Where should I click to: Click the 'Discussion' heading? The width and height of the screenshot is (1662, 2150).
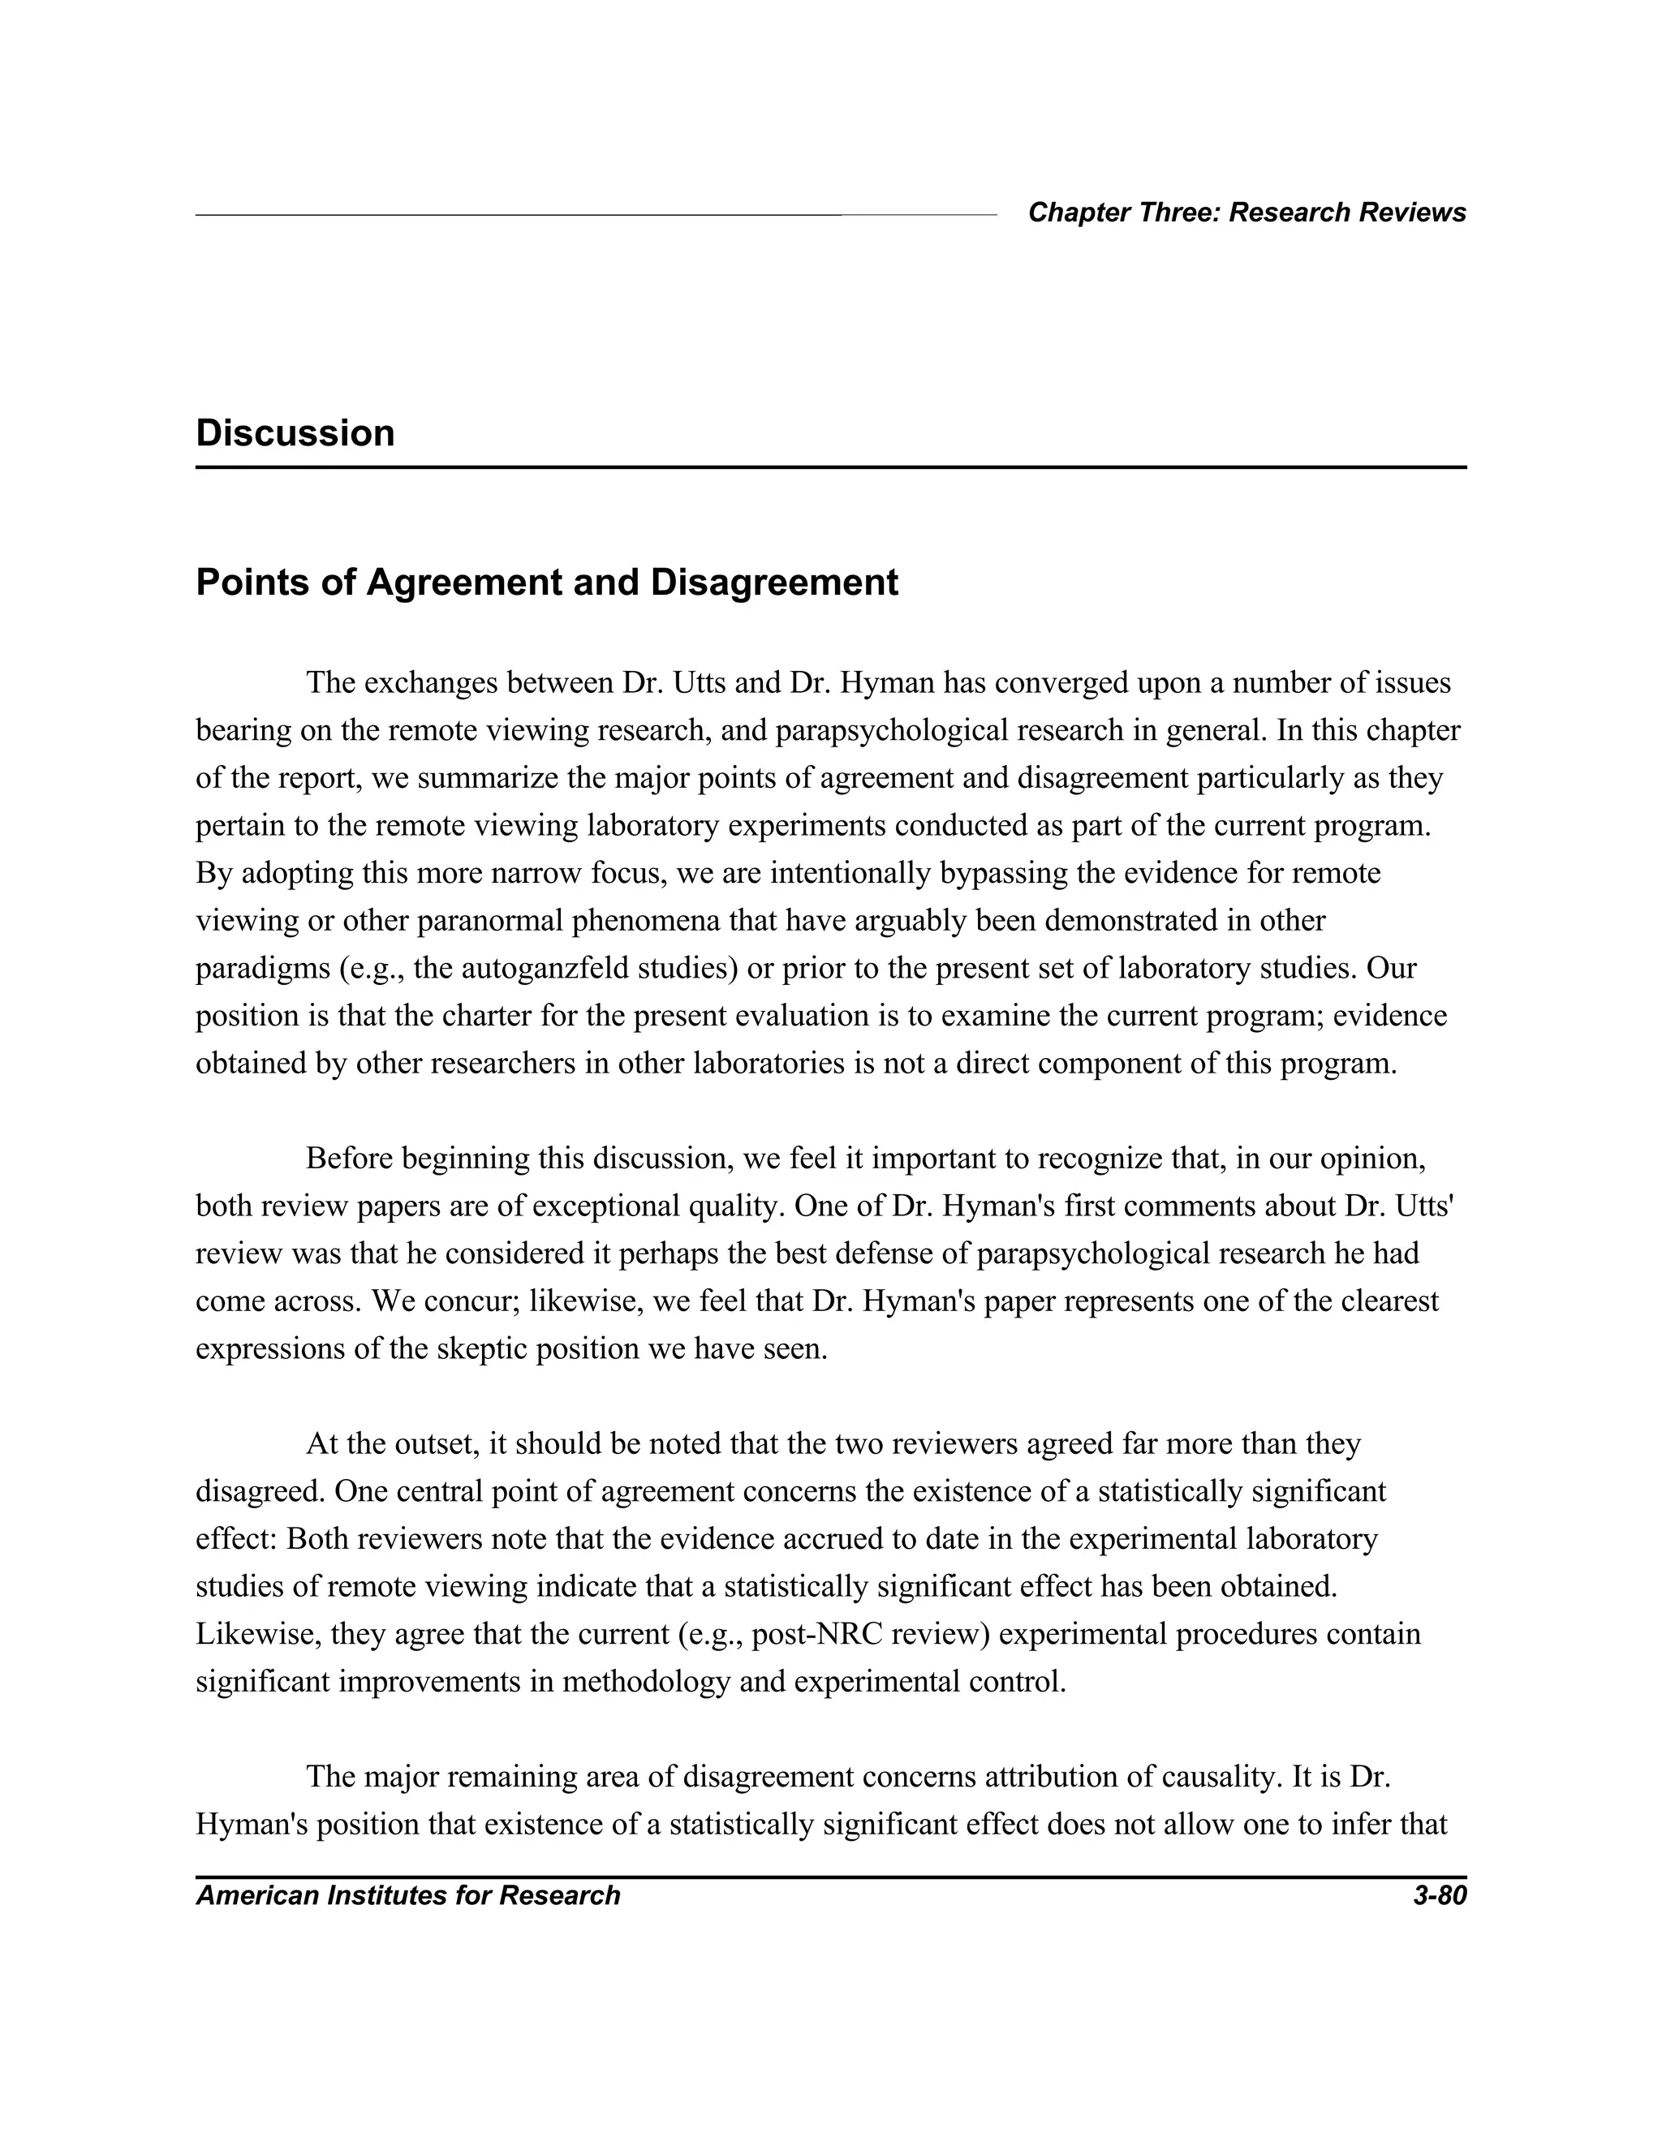pos(295,433)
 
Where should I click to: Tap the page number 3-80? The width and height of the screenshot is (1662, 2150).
pos(1439,1895)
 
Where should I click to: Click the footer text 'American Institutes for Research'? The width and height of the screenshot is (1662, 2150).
pos(407,1895)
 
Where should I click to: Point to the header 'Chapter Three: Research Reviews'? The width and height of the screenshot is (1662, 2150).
pos(1246,213)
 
